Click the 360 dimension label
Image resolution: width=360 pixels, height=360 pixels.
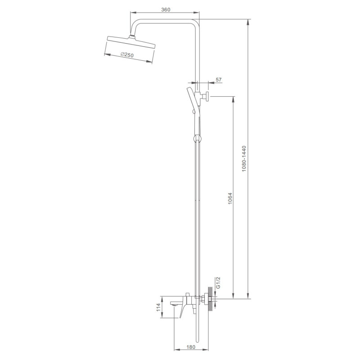tap(166, 9)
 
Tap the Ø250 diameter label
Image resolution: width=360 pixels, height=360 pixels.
tap(127, 55)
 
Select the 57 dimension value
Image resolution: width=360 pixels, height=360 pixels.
tap(219, 80)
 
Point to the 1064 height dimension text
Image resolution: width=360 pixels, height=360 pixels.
tap(230, 198)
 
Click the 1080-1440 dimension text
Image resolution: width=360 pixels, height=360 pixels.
tap(244, 158)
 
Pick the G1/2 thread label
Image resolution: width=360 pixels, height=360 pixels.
tap(218, 283)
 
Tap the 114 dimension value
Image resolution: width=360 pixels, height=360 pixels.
tap(158, 307)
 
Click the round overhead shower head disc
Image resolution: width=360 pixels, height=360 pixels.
tap(131, 42)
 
